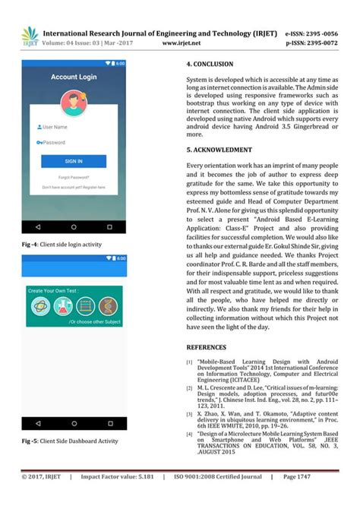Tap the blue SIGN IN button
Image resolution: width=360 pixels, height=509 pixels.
(x=74, y=161)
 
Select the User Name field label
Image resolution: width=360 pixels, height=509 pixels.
(x=55, y=127)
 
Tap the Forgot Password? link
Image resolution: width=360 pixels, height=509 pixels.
(x=74, y=177)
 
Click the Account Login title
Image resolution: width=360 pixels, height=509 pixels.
(x=74, y=77)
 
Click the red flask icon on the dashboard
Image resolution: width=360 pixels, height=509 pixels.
(x=62, y=306)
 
